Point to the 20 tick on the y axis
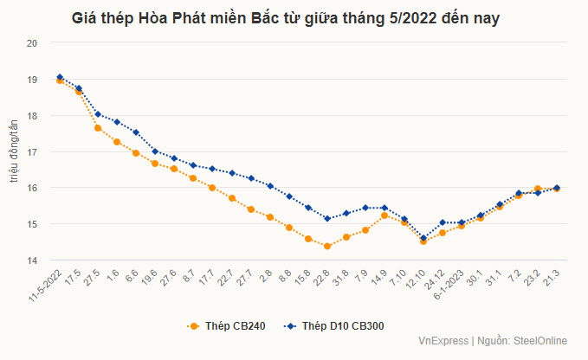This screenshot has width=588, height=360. pyautogui.click(x=32, y=42)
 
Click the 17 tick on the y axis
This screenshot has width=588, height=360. pyautogui.click(x=32, y=151)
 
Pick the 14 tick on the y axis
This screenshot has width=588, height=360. pyautogui.click(x=32, y=260)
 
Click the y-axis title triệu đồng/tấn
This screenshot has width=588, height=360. pyautogui.click(x=12, y=151)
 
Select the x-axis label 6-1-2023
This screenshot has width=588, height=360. pyautogui.click(x=453, y=282)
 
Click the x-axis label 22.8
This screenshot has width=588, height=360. pyautogui.click(x=320, y=278)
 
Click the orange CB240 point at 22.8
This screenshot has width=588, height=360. pyautogui.click(x=327, y=246)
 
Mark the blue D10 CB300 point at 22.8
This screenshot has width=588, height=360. pyautogui.click(x=327, y=218)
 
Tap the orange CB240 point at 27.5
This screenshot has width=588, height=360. pyautogui.click(x=98, y=128)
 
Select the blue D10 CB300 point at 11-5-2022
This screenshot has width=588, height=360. pyautogui.click(x=60, y=77)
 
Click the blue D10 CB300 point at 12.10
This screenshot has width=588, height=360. pyautogui.click(x=423, y=238)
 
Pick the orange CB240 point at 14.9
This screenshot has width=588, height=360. pyautogui.click(x=384, y=215)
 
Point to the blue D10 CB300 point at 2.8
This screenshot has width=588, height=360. pyautogui.click(x=270, y=186)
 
